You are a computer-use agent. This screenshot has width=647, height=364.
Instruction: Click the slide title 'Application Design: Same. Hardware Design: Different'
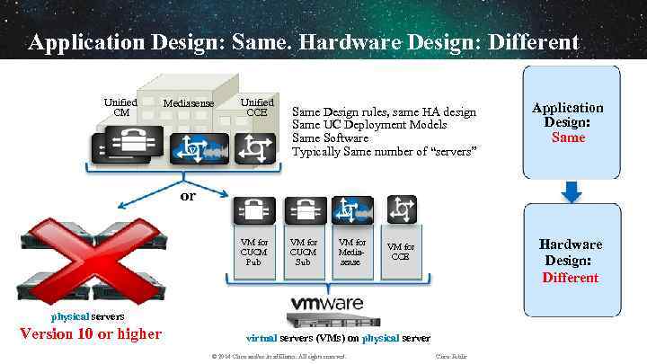click(303, 42)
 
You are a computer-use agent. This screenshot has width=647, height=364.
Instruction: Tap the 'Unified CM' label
click(120, 107)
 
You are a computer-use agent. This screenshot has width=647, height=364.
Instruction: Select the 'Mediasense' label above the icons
click(189, 103)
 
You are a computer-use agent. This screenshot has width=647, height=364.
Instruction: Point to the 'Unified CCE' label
click(257, 107)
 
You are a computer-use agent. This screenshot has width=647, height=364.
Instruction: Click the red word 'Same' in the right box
click(568, 138)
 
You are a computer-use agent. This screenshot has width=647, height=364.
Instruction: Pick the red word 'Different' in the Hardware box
click(570, 277)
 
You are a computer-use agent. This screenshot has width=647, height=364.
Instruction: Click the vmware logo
click(326, 303)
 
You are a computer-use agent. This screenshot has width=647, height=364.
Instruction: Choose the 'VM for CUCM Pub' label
click(254, 252)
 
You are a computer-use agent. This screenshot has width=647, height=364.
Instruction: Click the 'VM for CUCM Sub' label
click(303, 252)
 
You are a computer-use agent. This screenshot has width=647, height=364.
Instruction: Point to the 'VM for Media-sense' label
click(351, 252)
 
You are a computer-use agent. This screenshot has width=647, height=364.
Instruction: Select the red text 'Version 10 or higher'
click(91, 334)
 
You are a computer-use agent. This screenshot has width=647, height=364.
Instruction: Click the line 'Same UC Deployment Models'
click(369, 125)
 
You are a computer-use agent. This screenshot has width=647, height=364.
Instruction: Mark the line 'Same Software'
click(331, 138)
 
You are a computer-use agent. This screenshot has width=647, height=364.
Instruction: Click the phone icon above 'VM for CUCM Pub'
click(254, 210)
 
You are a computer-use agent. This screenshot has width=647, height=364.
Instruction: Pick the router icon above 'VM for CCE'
click(401, 209)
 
